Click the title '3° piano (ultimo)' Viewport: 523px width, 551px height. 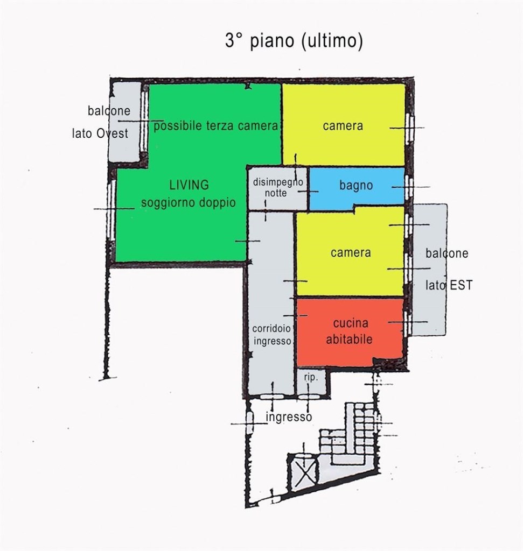(x=294, y=41)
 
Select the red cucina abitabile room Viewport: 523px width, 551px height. (x=350, y=331)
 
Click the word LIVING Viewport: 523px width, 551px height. (x=189, y=185)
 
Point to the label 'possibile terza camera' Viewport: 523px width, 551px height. (x=215, y=126)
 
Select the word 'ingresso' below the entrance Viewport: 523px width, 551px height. (x=289, y=417)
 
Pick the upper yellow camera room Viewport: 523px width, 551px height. (x=344, y=124)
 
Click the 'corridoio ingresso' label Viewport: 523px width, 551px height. (x=272, y=335)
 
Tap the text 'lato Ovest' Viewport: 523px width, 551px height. (x=100, y=133)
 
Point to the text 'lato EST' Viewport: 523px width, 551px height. (x=449, y=285)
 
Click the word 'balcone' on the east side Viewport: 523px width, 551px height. (x=447, y=253)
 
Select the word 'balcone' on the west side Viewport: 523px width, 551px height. (x=109, y=111)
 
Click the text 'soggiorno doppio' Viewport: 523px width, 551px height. (x=188, y=203)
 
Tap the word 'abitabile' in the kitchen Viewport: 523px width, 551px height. (x=349, y=339)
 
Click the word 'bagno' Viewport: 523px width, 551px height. (x=356, y=185)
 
